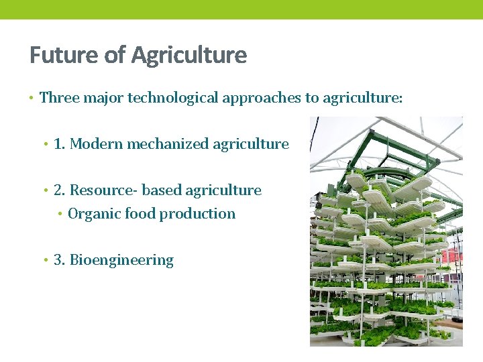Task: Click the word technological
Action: pos(172,98)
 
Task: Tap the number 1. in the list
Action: pos(59,143)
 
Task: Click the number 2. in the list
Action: pos(59,190)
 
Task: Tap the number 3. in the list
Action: pos(59,260)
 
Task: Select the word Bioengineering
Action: pos(121,260)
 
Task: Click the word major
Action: pos(103,98)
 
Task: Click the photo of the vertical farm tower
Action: pos(386,231)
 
